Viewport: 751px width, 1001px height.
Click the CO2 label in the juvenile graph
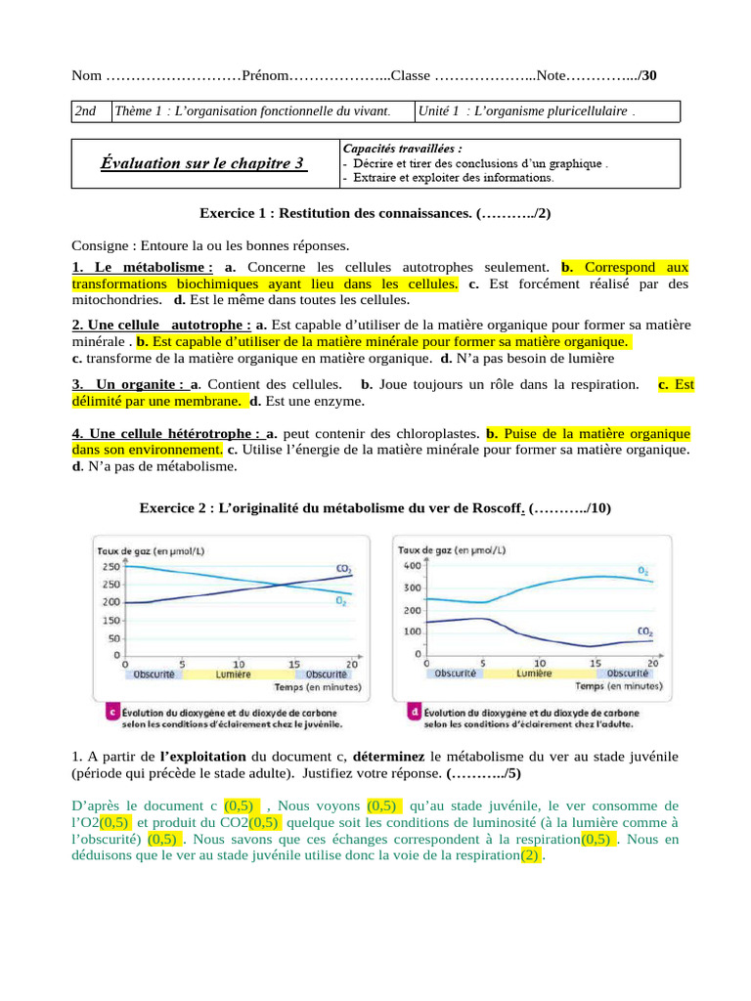click(x=343, y=569)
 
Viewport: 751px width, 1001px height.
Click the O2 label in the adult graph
click(x=641, y=570)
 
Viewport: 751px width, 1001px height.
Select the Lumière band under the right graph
click(x=534, y=673)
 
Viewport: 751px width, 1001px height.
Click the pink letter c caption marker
click(x=112, y=712)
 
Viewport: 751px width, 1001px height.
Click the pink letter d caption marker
click(x=415, y=712)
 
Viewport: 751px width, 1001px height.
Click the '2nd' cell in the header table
click(x=87, y=111)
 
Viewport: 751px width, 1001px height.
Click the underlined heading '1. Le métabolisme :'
click(x=143, y=267)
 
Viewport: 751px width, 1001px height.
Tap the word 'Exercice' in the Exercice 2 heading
click(x=167, y=508)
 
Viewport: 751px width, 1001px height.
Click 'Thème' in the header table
click(x=136, y=111)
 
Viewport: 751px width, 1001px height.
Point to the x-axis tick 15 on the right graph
click(x=596, y=662)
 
